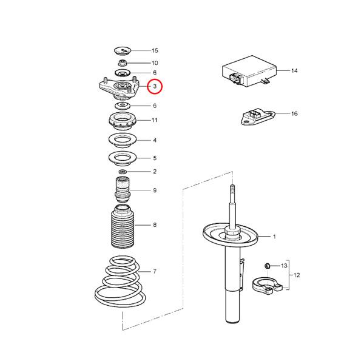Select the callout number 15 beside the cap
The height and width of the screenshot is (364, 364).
[x=155, y=50]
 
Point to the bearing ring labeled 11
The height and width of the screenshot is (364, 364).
[x=122, y=121]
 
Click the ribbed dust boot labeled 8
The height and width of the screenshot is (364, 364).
[x=121, y=229]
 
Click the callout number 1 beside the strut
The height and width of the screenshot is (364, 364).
[x=274, y=237]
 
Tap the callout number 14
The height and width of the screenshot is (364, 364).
[x=294, y=71]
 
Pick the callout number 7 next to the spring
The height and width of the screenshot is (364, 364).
[x=155, y=271]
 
